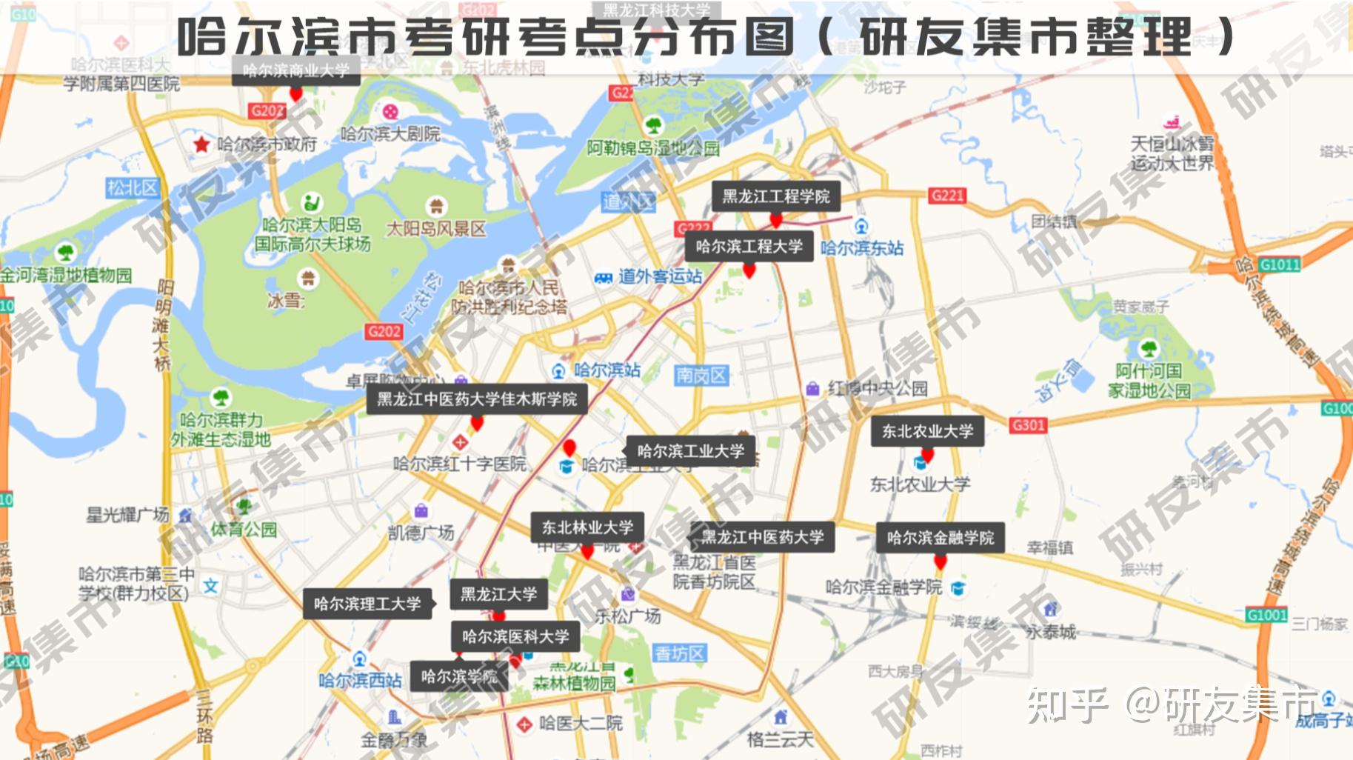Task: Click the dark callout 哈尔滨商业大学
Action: [295, 71]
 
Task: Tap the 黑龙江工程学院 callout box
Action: [776, 196]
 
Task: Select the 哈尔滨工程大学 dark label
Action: [749, 247]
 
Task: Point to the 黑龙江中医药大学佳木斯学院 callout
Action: [477, 399]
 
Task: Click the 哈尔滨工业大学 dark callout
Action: [690, 450]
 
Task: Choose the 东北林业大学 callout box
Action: [587, 527]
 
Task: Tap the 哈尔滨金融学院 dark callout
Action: [941, 538]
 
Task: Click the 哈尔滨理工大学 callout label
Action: [367, 604]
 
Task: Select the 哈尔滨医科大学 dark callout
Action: [515, 636]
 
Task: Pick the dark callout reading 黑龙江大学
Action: [498, 594]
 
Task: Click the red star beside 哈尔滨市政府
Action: [201, 144]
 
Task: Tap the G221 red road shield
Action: [947, 196]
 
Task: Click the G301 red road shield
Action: [1029, 425]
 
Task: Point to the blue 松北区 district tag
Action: [133, 187]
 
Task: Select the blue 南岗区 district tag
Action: [701, 376]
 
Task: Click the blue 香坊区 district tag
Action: [680, 653]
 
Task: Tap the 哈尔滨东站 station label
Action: [862, 247]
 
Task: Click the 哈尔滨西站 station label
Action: [360, 680]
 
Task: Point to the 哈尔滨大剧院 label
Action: [390, 134]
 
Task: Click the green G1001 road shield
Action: [1266, 615]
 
